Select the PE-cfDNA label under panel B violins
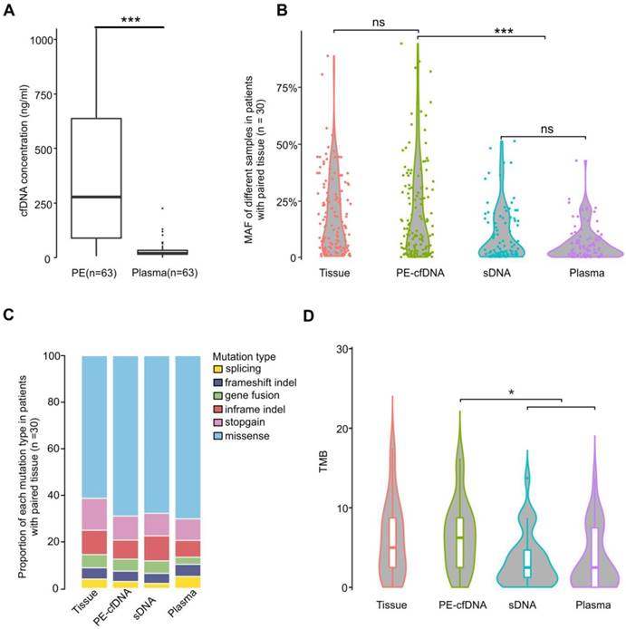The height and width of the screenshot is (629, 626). coord(419,272)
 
